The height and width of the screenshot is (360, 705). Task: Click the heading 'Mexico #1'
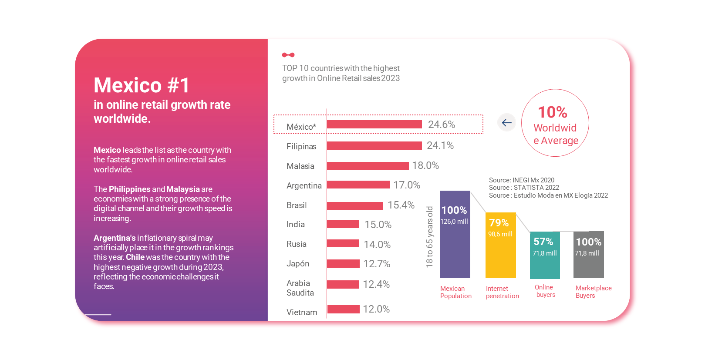142,85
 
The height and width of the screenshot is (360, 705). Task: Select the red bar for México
374,124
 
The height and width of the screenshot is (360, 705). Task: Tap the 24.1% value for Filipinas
440,145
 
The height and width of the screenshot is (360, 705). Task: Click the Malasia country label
300,166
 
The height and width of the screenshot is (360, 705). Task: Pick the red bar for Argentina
358,185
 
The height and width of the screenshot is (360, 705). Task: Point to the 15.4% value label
401,205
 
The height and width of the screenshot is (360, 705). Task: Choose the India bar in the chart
343,224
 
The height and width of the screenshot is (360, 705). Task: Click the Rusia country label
296,244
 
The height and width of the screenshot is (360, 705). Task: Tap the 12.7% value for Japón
376,264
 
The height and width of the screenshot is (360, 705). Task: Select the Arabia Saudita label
300,288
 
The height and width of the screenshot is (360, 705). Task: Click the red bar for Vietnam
343,309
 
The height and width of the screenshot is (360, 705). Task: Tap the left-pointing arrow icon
506,123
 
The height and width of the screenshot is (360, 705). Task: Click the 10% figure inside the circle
552,112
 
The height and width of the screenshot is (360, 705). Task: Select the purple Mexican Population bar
455,248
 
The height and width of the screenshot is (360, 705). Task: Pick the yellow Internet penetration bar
500,257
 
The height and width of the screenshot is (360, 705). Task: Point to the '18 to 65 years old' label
429,237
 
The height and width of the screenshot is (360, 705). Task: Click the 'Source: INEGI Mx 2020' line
521,180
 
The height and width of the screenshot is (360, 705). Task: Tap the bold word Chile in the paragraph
135,257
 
